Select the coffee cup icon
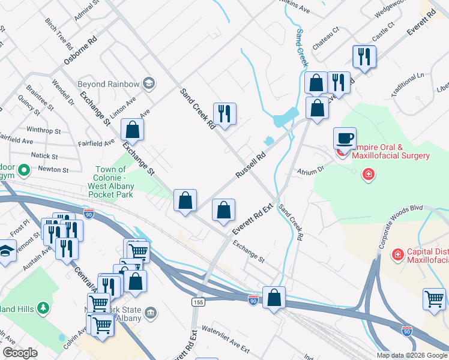point(345,138)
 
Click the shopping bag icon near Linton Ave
point(132,129)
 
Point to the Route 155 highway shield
point(197,301)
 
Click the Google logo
point(20,353)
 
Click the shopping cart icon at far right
point(433,298)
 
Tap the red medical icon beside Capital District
point(397,256)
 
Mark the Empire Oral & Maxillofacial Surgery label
point(391,151)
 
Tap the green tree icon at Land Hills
point(43,308)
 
